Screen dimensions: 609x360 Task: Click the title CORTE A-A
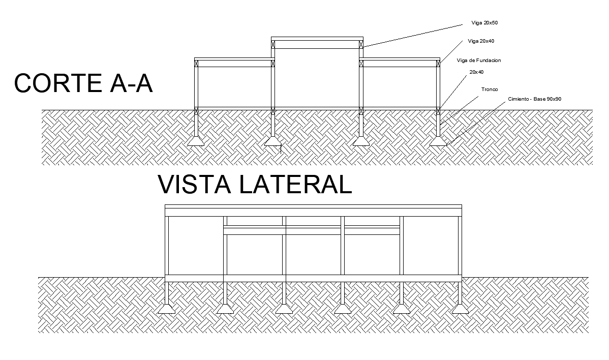point(83,83)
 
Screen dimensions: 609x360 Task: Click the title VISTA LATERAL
point(255,185)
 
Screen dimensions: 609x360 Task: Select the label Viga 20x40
point(481,41)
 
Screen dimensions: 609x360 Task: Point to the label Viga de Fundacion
point(479,61)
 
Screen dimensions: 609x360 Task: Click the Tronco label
point(490,89)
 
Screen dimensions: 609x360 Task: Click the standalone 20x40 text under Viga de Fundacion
point(476,72)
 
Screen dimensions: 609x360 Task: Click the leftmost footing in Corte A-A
point(196,142)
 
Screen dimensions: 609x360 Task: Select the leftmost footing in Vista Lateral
point(167,309)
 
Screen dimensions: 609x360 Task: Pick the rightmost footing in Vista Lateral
point(460,309)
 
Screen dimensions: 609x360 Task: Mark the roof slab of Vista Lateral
point(313,210)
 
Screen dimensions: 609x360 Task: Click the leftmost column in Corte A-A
point(196,86)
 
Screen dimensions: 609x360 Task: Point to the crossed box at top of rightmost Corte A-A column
point(438,64)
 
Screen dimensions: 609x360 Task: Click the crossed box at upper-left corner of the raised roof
point(273,44)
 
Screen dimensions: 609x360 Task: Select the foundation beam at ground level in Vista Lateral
point(313,278)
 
